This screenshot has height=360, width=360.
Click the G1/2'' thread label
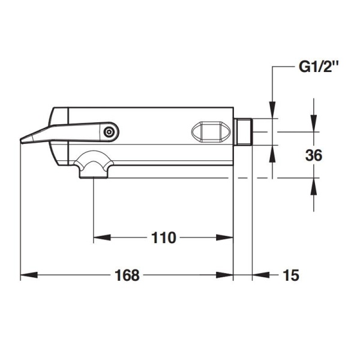click(319, 67)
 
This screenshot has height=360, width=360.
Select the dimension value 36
click(314, 155)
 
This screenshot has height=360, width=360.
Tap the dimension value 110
click(164, 238)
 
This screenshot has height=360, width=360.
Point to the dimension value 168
click(127, 275)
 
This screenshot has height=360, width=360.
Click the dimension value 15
click(291, 275)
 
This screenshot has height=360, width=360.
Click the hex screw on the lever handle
click(109, 132)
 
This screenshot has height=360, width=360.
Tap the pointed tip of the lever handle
click(21, 141)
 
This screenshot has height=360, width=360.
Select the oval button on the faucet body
click(211, 131)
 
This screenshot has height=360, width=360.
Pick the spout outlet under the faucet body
click(94, 164)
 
